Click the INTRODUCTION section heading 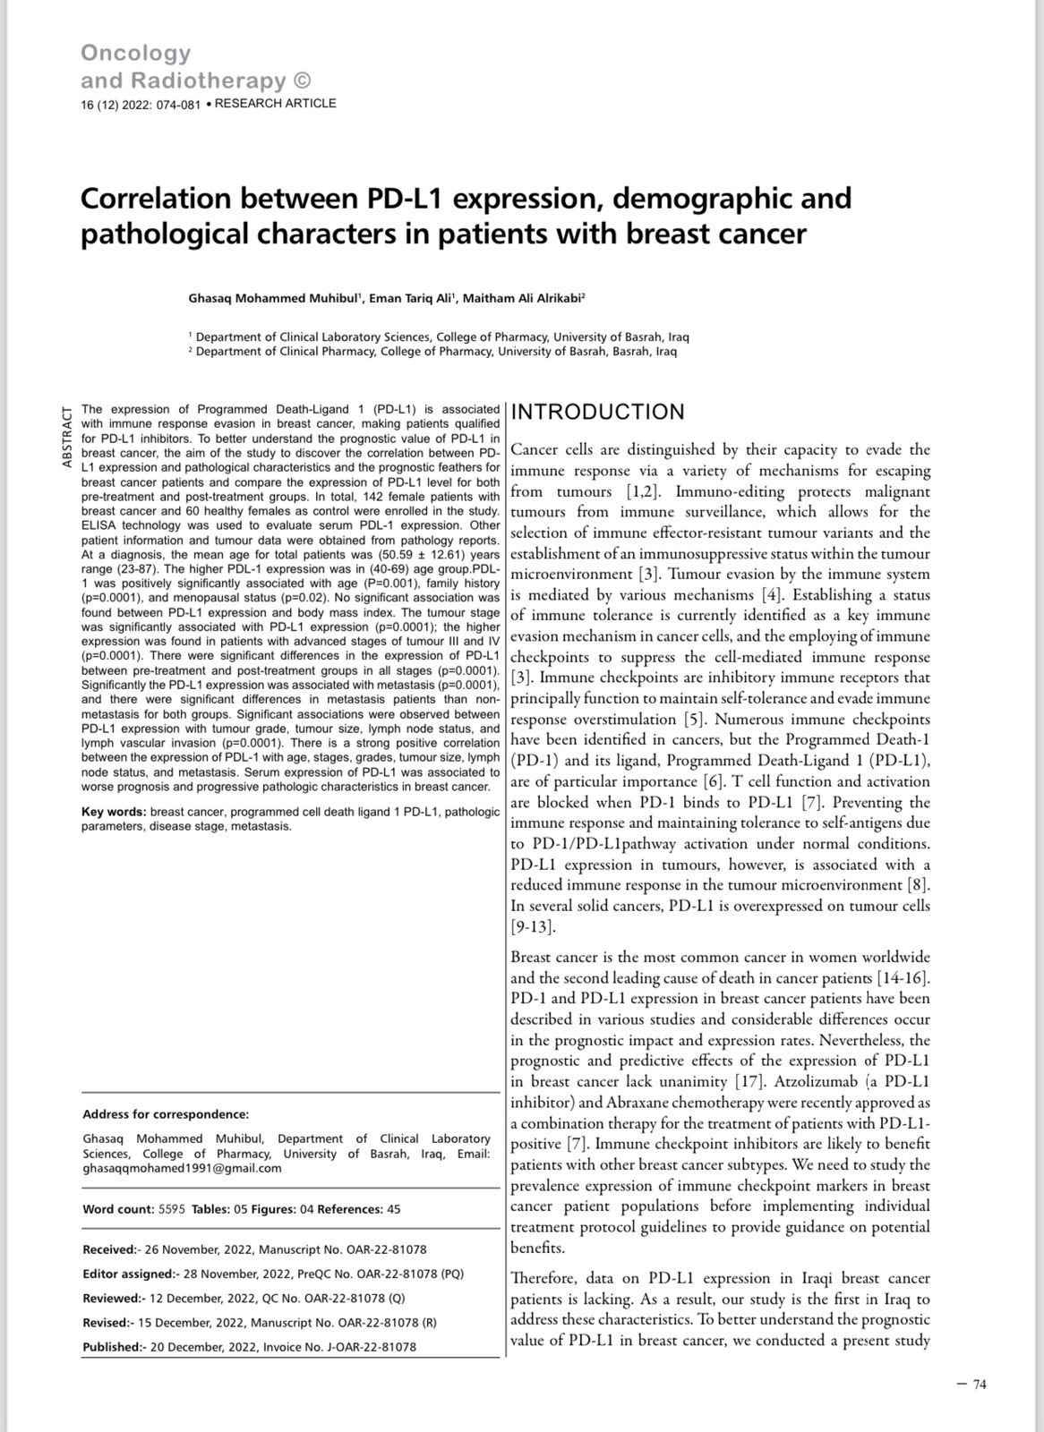[597, 412]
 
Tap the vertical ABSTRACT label [67, 437]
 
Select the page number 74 [979, 1385]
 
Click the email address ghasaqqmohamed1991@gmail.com [182, 1168]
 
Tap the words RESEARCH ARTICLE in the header [276, 103]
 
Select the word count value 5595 [171, 1209]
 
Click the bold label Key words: [114, 812]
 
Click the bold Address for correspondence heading [166, 1114]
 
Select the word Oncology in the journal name [135, 54]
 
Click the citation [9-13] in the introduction [533, 926]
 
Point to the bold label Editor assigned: [127, 1274]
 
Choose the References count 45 [394, 1209]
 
